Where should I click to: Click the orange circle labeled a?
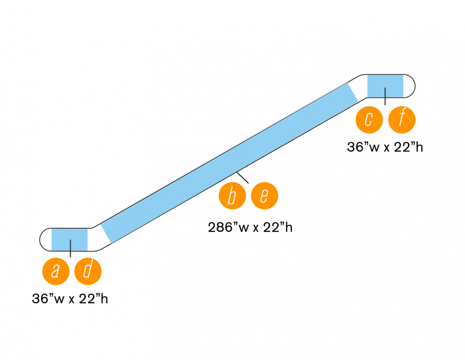click(x=56, y=271)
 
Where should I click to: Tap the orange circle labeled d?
click(x=88, y=271)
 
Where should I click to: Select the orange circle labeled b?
click(x=232, y=196)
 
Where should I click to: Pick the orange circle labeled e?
click(x=265, y=196)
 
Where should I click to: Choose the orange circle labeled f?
click(x=402, y=120)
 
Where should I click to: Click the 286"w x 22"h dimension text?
click(x=250, y=227)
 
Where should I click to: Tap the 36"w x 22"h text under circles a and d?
click(x=70, y=299)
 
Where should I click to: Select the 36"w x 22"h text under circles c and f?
click(x=385, y=148)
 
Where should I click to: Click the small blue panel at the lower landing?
click(x=69, y=239)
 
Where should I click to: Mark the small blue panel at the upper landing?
click(x=385, y=85)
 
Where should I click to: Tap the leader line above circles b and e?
click(x=243, y=177)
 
